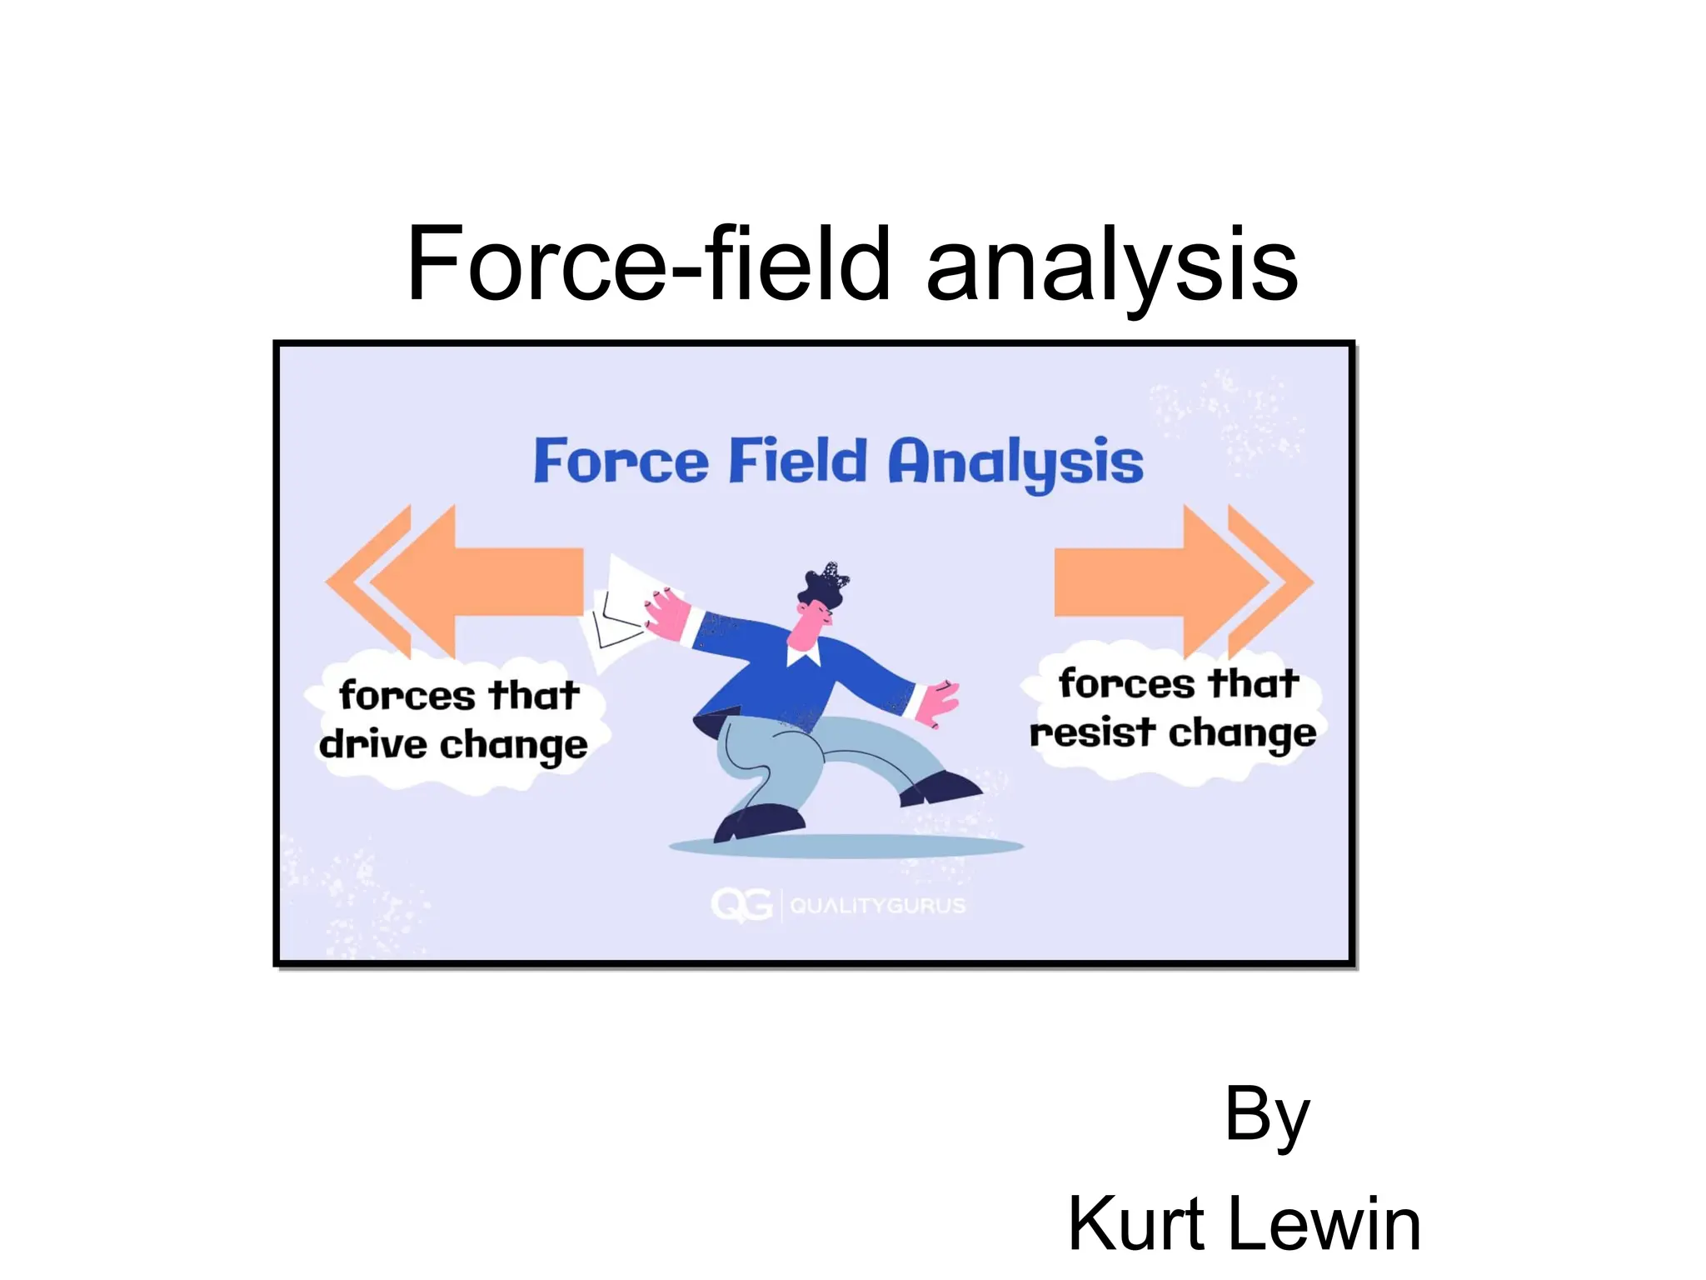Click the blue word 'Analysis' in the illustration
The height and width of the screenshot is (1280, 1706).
point(1015,462)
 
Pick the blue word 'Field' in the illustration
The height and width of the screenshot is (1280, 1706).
point(797,461)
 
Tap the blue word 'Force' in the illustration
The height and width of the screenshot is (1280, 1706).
point(621,461)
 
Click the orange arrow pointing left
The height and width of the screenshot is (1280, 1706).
point(466,582)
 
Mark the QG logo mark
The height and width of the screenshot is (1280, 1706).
point(741,905)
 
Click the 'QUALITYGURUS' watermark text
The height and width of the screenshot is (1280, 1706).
point(877,906)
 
